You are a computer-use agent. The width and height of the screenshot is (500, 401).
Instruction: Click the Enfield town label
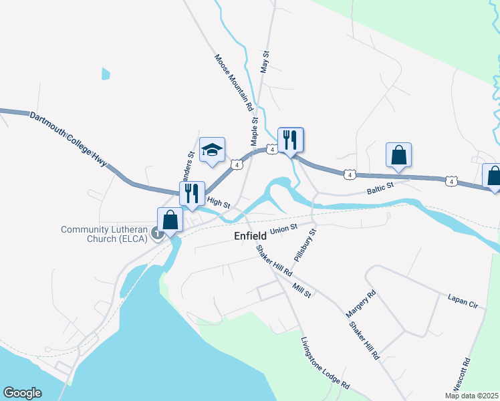click(x=251, y=236)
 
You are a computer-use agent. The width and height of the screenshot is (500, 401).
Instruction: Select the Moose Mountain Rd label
click(x=234, y=82)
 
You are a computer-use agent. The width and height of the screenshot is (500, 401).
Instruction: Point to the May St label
click(x=265, y=61)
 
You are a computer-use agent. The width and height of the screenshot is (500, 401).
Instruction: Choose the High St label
click(x=218, y=201)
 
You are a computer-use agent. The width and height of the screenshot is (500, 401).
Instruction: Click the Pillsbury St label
click(x=305, y=245)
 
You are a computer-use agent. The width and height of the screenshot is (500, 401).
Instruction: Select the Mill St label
click(x=302, y=290)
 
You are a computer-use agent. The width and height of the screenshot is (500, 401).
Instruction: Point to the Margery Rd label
click(x=361, y=303)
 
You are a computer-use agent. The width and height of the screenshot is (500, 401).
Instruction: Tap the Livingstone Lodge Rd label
click(x=325, y=363)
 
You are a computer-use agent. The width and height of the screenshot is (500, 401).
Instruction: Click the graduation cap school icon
click(x=212, y=150)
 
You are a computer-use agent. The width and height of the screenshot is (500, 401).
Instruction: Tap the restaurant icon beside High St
click(x=192, y=193)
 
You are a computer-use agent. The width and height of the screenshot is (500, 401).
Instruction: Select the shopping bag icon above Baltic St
click(x=398, y=155)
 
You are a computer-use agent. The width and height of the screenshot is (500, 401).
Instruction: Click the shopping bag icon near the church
click(x=170, y=220)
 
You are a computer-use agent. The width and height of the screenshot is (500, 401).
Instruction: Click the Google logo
click(x=22, y=393)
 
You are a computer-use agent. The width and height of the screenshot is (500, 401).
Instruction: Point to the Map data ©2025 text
click(x=471, y=396)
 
